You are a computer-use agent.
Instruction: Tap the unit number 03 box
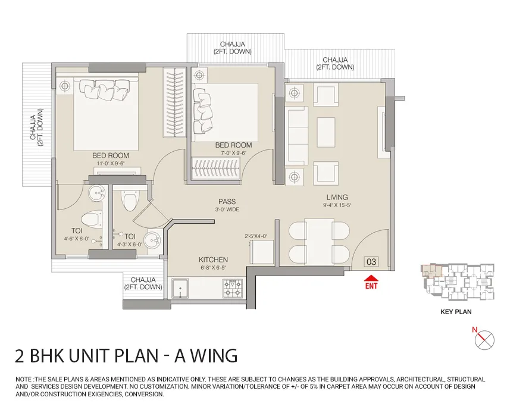371,262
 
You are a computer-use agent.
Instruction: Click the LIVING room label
337,198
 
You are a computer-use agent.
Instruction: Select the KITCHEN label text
213,259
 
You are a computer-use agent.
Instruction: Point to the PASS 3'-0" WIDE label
227,205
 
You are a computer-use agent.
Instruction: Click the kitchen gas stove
233,288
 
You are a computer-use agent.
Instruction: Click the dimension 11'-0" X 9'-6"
110,163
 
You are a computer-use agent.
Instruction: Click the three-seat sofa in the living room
298,136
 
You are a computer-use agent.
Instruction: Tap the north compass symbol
484,340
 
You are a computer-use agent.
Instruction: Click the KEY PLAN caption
456,312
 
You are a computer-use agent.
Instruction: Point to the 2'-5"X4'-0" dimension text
256,236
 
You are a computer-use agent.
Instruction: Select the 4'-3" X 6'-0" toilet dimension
129,245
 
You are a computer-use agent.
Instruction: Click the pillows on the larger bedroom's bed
104,90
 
